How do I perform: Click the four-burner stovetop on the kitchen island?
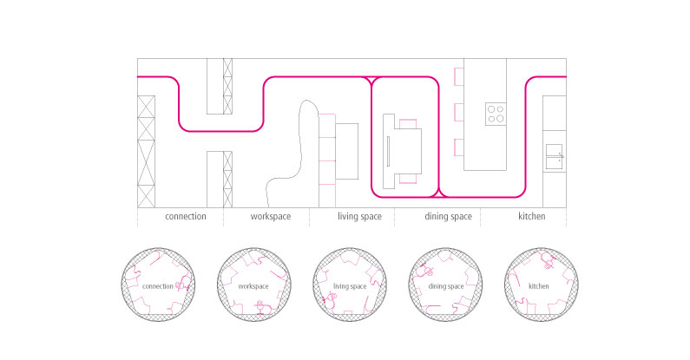(x=496, y=114)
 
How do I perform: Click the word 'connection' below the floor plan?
(x=185, y=216)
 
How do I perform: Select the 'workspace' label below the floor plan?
(x=270, y=216)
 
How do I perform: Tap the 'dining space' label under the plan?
(x=449, y=216)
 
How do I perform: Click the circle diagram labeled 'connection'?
(x=159, y=285)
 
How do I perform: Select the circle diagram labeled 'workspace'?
(x=254, y=285)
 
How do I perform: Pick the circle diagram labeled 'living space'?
(x=350, y=285)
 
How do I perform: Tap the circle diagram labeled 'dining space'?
(x=446, y=285)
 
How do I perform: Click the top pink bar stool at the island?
(x=458, y=78)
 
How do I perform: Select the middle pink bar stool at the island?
(x=458, y=112)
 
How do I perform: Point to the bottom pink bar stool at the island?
(x=458, y=147)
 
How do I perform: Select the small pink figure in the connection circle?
(x=180, y=284)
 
